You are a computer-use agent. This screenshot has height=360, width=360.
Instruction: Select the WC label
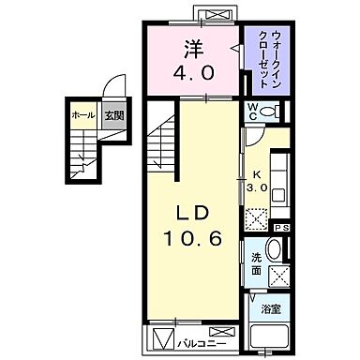(x=253, y=111)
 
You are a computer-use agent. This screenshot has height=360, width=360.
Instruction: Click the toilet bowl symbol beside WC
(x=271, y=112)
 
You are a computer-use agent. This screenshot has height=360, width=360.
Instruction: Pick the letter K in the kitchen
(x=254, y=173)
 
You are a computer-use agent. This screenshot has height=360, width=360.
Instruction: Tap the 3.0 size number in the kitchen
(x=256, y=186)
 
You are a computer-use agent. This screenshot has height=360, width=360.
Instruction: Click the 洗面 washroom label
(x=256, y=262)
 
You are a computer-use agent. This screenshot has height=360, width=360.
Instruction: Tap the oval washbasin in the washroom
(x=272, y=250)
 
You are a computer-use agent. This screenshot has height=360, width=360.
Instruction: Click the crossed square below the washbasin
(x=279, y=276)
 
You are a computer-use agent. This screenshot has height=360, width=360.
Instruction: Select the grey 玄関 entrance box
(x=112, y=114)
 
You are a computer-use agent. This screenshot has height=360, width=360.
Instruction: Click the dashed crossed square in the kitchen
(x=256, y=216)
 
